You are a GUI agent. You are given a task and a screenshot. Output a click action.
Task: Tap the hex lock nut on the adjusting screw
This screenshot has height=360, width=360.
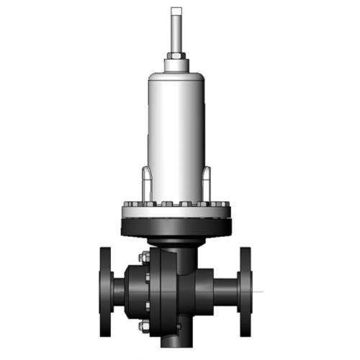(176, 55)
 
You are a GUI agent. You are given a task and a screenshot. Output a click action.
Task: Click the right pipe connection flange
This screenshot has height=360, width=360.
(246, 292)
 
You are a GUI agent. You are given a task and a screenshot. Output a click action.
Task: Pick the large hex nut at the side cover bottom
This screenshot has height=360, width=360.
(142, 328)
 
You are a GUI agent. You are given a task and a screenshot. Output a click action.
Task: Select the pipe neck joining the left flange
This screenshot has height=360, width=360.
(118, 292)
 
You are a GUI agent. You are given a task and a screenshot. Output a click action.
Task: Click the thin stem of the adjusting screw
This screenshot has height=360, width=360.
(176, 32)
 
